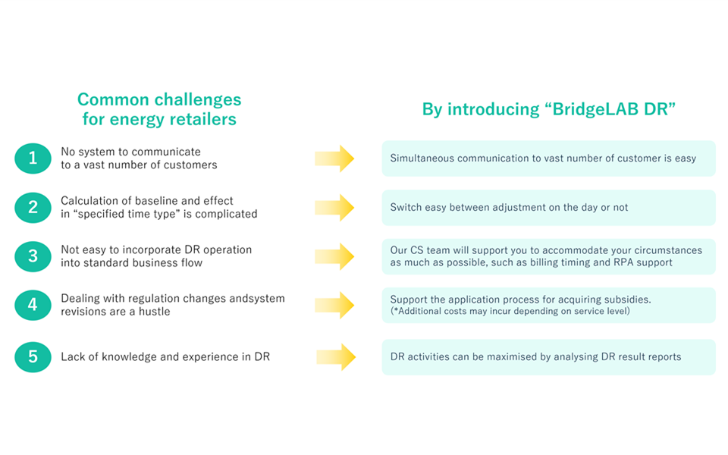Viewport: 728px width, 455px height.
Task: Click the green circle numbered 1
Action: tap(33, 158)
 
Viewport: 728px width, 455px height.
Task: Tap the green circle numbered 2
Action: tap(33, 208)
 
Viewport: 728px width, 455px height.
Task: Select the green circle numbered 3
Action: tap(33, 256)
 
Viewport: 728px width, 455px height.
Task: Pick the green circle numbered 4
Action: tap(33, 305)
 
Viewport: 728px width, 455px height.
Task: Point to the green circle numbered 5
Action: tap(33, 357)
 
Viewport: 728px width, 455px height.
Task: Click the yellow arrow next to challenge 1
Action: tap(334, 158)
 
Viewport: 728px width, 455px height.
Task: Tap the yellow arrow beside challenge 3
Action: tap(334, 256)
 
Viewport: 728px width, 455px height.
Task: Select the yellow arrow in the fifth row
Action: tap(336, 357)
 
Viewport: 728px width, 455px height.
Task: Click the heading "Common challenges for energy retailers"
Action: tap(159, 109)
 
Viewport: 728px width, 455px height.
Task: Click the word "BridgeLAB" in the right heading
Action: tap(596, 109)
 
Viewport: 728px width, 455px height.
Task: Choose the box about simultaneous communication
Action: tap(549, 158)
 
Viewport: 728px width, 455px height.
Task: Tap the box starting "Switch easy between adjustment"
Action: tap(549, 208)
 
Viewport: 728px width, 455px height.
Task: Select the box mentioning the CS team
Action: tap(549, 256)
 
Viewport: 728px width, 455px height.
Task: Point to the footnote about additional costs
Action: tap(510, 311)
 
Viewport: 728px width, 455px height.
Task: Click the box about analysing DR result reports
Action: tap(549, 357)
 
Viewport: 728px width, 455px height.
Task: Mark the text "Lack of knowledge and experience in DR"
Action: tap(165, 356)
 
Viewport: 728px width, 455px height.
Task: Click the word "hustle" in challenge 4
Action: tap(155, 312)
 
